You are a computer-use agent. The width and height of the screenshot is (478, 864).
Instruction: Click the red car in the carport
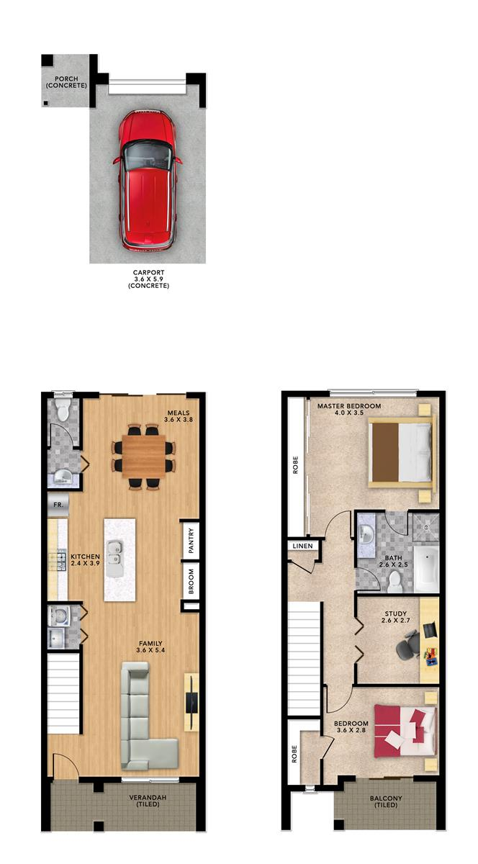pyautogui.click(x=148, y=181)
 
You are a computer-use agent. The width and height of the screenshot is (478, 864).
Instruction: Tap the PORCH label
pyautogui.click(x=66, y=78)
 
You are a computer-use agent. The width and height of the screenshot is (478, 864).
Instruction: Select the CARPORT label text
pyautogui.click(x=148, y=272)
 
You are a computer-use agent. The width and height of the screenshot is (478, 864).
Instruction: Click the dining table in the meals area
pyautogui.click(x=144, y=456)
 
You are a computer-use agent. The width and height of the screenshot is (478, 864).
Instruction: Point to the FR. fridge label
pyautogui.click(x=58, y=504)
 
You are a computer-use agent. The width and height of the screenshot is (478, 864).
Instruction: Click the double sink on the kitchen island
pyautogui.click(x=115, y=554)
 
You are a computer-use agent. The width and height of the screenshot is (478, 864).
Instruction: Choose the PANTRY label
pyautogui.click(x=191, y=541)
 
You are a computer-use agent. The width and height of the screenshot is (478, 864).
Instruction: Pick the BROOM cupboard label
pyautogui.click(x=191, y=581)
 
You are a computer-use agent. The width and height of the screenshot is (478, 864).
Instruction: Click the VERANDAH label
pyautogui.click(x=148, y=797)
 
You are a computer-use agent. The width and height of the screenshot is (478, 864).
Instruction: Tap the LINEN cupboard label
pyautogui.click(x=303, y=546)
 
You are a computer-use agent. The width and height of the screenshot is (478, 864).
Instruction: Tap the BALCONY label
pyautogui.click(x=386, y=798)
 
